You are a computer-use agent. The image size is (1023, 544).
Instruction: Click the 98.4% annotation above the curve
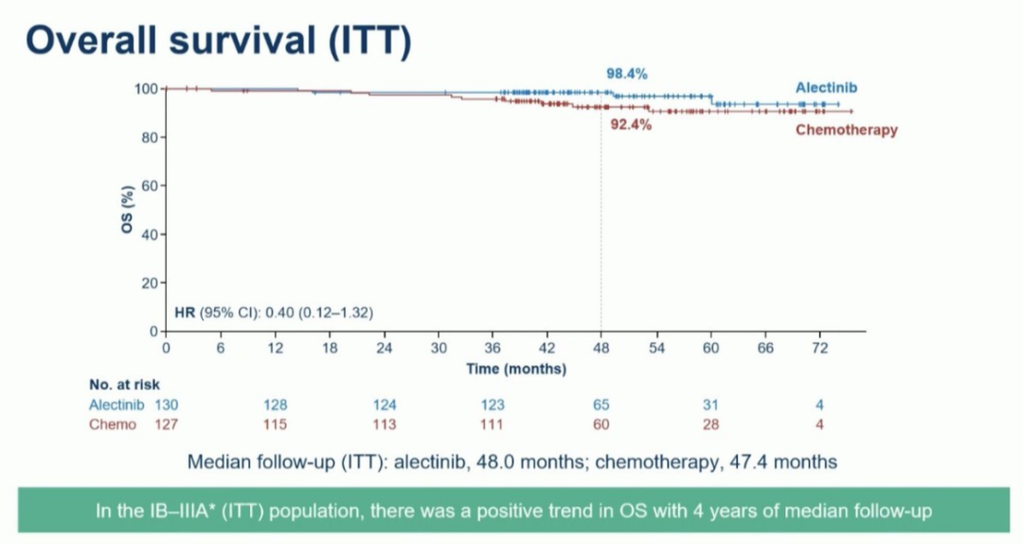pos(627,73)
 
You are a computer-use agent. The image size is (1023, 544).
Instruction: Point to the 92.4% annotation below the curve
pos(630,124)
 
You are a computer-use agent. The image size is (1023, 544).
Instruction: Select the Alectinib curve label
pos(827,87)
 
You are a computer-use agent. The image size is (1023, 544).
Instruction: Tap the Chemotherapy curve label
pos(846,130)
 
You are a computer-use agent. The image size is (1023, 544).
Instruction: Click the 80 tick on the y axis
pos(149,137)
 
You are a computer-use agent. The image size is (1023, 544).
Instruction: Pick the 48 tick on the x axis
pos(601,349)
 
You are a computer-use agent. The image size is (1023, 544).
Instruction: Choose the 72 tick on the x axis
pos(819,349)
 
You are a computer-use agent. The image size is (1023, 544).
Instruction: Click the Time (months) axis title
pos(516,368)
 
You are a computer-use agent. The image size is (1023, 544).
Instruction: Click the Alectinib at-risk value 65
pos(601,405)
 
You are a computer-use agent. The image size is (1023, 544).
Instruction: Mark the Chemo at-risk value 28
pos(710,424)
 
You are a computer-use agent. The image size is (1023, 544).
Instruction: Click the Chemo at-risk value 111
pos(493,424)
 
